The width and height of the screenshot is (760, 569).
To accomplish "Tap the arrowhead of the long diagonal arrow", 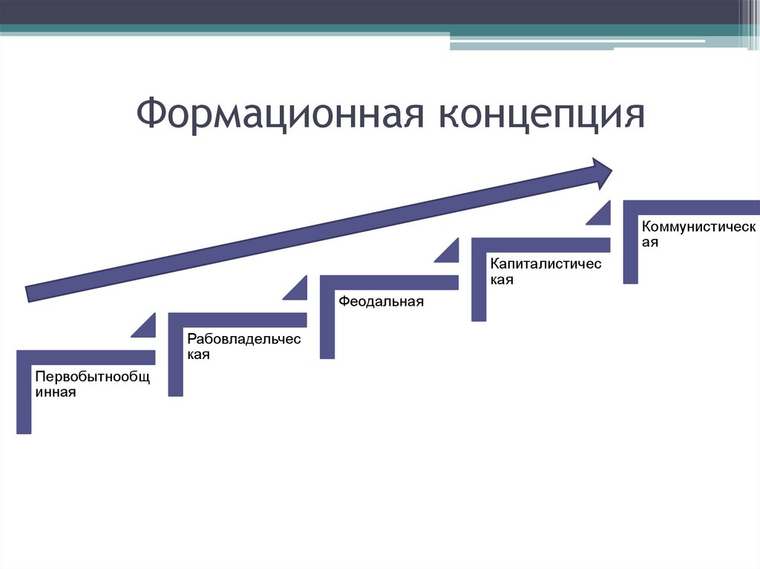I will (599, 171).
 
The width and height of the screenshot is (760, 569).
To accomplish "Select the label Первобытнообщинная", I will (92, 384).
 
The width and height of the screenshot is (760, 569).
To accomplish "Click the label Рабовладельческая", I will (243, 346).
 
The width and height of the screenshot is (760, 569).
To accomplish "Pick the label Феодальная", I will (381, 301).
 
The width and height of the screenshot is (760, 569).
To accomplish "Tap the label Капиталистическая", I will (545, 272).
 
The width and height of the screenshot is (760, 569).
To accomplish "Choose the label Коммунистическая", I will (698, 234).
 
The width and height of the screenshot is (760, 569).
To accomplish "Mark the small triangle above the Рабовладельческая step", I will (298, 289).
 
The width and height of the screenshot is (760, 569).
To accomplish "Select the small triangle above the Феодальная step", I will (450, 252).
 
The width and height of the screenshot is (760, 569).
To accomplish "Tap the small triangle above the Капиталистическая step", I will (600, 214).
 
